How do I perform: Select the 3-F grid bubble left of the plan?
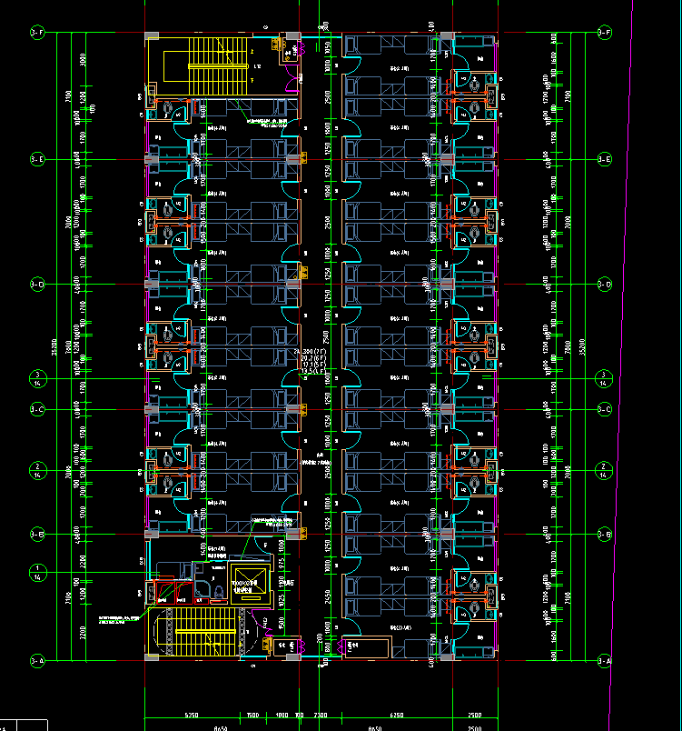[x=38, y=34]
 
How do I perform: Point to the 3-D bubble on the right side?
[x=604, y=285]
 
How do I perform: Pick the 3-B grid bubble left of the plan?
[x=38, y=534]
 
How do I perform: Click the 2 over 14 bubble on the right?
[x=604, y=469]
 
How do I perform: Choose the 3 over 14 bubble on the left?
[x=38, y=378]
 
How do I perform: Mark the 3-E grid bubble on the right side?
[x=604, y=159]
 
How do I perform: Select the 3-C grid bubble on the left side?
[x=38, y=410]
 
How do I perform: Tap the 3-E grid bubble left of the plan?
[x=38, y=159]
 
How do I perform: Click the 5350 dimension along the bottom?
[x=192, y=715]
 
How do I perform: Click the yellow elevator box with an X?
[x=247, y=586]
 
